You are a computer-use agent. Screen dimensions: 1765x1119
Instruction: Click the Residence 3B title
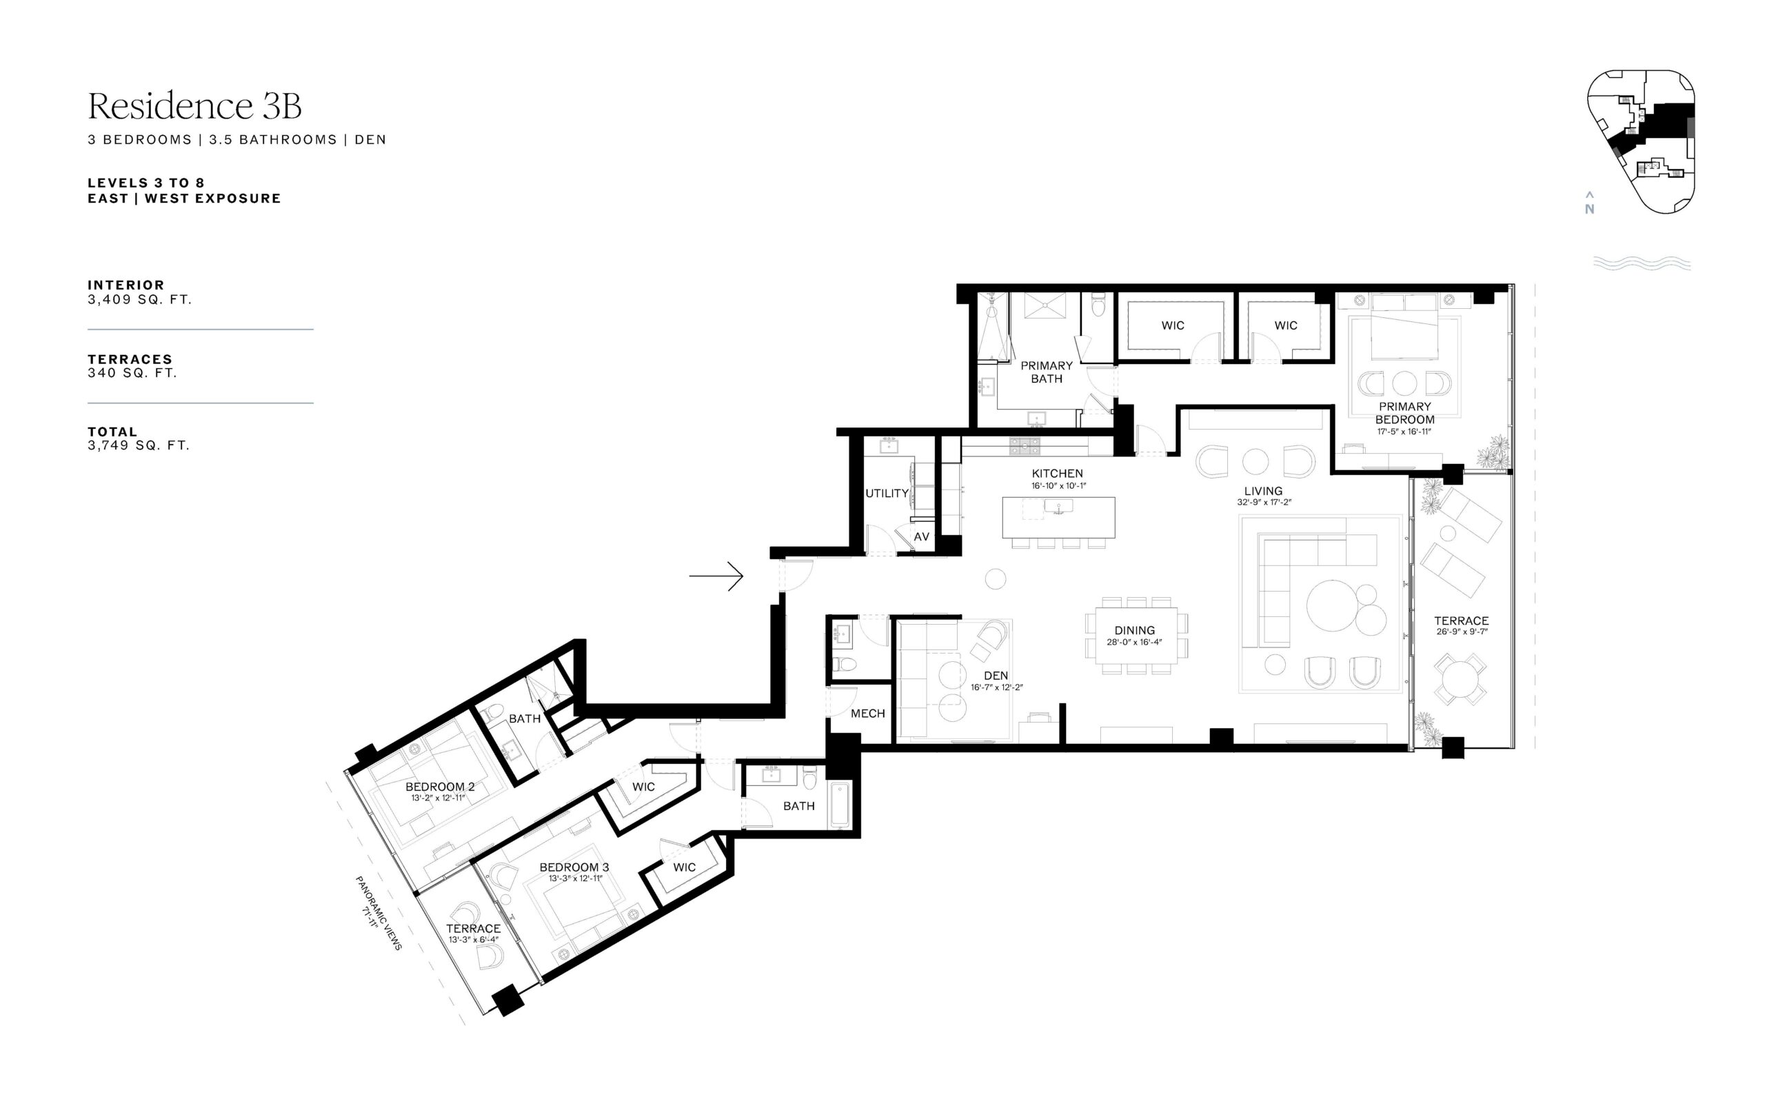click(194, 105)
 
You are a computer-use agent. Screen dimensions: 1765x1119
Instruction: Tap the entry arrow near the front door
click(716, 576)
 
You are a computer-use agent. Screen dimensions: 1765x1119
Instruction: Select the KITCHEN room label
click(1057, 474)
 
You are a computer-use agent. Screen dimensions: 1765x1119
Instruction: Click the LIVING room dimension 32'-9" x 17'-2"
click(1264, 503)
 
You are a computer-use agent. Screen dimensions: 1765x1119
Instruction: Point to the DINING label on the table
click(1135, 630)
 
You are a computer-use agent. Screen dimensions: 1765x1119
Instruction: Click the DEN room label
click(996, 676)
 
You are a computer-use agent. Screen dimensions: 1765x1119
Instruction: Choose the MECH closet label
click(868, 714)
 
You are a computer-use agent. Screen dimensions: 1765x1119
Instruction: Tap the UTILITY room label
click(887, 493)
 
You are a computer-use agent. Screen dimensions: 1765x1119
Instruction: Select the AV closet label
click(921, 536)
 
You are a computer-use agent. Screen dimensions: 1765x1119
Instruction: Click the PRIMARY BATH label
click(1047, 372)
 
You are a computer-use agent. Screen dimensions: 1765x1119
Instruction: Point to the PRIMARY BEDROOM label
click(1404, 413)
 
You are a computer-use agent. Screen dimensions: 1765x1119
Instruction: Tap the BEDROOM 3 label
click(574, 867)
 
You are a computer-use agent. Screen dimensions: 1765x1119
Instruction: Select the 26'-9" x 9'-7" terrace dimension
click(1462, 632)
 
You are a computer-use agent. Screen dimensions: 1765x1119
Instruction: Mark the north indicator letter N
click(1589, 209)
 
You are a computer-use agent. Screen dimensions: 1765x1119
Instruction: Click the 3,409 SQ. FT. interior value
click(139, 300)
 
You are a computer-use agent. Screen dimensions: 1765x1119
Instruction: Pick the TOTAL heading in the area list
click(112, 432)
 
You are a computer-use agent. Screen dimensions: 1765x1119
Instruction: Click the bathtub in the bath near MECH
click(840, 806)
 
